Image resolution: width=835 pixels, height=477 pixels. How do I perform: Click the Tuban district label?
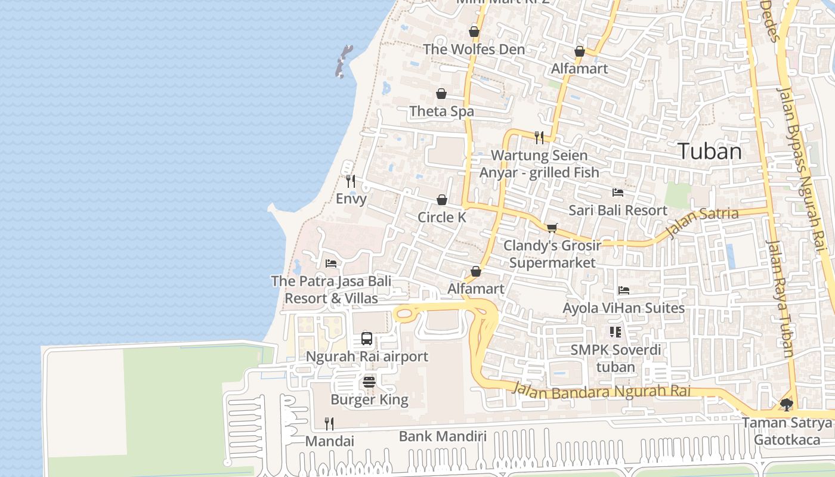[710, 151]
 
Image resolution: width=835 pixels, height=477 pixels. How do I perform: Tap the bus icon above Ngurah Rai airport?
[367, 339]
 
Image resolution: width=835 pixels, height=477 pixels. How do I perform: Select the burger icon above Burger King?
[369, 382]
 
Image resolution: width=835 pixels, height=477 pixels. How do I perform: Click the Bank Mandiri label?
[443, 436]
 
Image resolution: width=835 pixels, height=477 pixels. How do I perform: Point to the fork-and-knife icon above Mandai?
[329, 423]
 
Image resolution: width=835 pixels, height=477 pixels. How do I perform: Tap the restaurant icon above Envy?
[351, 181]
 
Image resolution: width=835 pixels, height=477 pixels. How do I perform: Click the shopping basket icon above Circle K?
[442, 200]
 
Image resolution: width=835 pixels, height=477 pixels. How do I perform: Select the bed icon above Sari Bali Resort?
[618, 193]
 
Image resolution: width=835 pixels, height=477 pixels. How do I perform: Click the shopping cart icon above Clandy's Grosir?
[552, 228]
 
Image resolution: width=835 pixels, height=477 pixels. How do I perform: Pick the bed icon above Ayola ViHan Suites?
[624, 290]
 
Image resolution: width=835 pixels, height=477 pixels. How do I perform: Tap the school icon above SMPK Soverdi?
[615, 332]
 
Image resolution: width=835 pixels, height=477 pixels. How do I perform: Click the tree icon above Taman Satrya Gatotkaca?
[787, 405]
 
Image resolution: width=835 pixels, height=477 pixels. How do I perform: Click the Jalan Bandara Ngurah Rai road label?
[601, 391]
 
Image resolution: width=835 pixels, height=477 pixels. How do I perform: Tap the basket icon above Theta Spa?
[441, 94]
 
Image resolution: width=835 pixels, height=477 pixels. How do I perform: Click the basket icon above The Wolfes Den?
[474, 32]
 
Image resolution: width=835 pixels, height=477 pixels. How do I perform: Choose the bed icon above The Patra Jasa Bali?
[331, 263]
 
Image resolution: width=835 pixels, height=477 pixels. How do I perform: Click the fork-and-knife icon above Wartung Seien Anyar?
[539, 138]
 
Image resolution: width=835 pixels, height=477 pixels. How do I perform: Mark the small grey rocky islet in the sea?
[343, 61]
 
